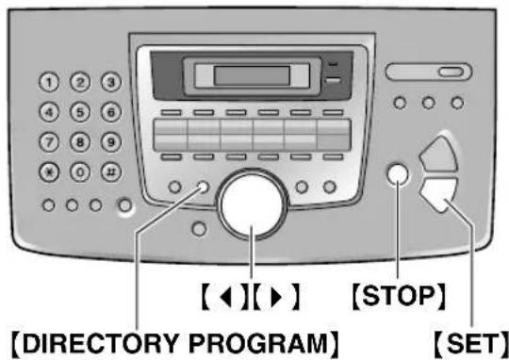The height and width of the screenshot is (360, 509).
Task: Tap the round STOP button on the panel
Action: click(x=397, y=176)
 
